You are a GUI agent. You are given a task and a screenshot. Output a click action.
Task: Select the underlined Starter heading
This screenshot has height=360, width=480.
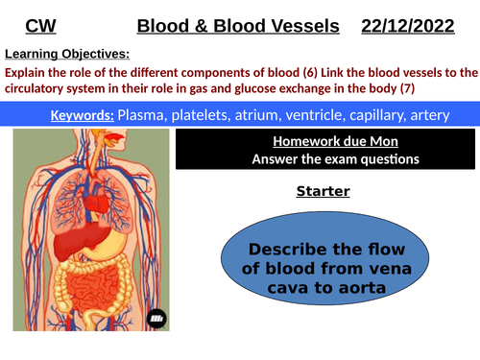[x=322, y=191]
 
